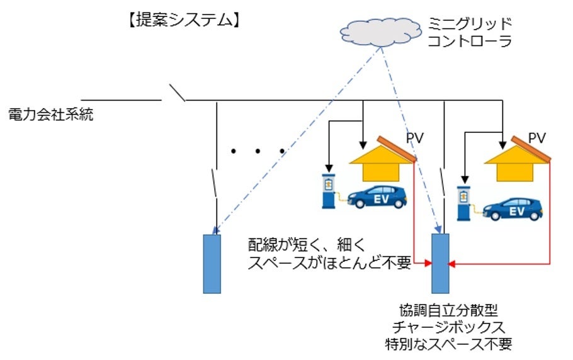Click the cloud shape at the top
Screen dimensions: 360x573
(x=378, y=31)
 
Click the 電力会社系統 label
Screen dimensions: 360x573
(x=51, y=115)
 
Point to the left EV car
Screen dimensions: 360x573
(x=377, y=196)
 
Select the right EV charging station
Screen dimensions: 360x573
(x=464, y=203)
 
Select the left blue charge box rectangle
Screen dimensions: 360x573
(x=212, y=263)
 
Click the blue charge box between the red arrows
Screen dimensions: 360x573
(x=440, y=263)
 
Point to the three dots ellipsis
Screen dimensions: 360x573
(x=258, y=151)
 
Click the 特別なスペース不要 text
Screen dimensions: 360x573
(x=448, y=344)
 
